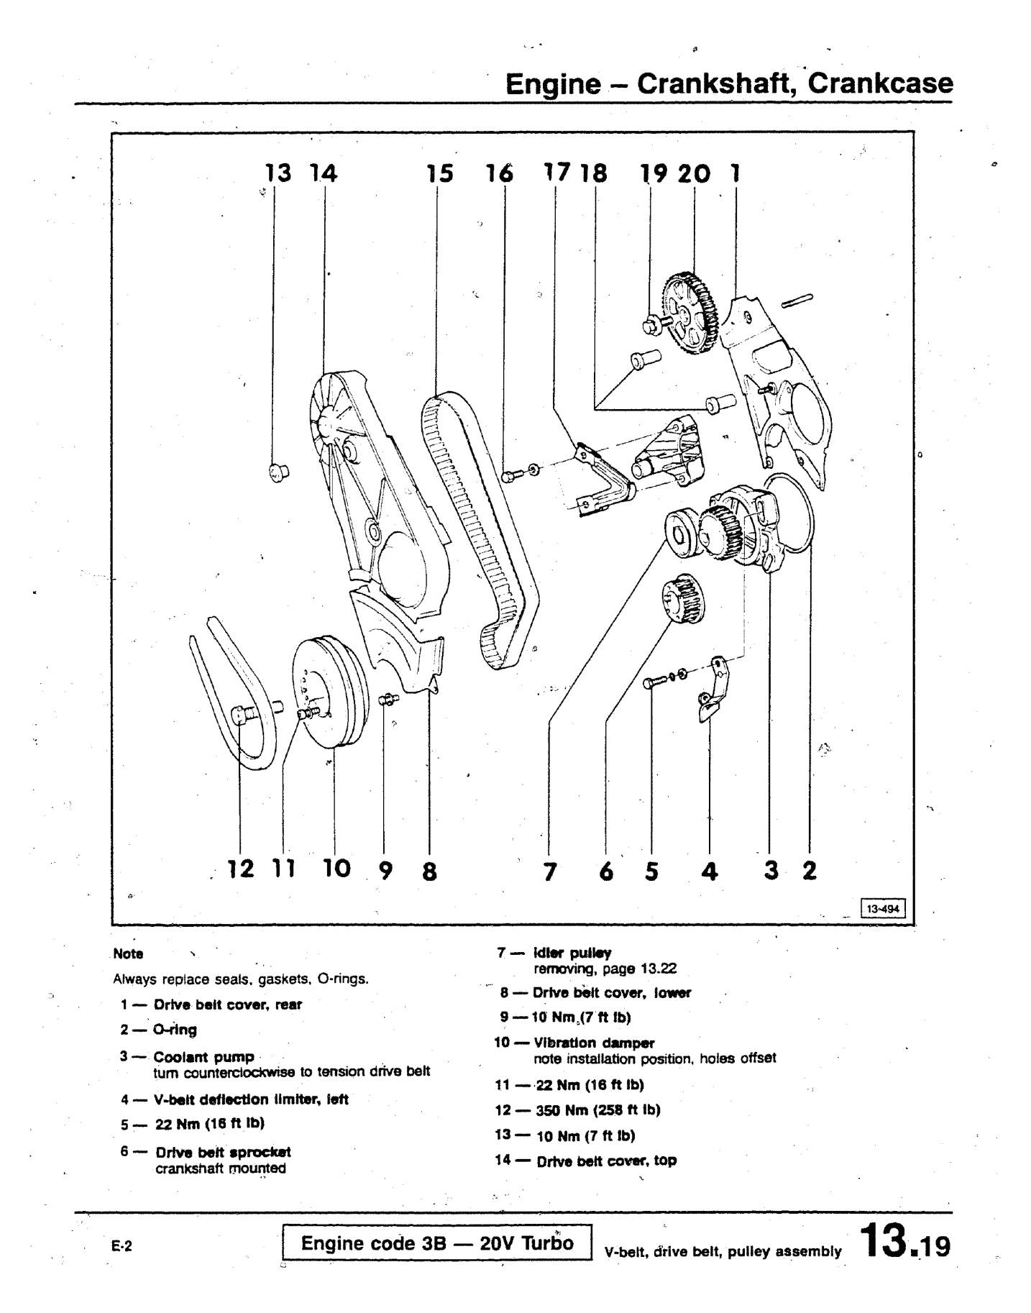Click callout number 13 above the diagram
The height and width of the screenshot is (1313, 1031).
pyautogui.click(x=278, y=173)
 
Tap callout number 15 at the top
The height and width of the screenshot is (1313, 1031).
pyautogui.click(x=439, y=173)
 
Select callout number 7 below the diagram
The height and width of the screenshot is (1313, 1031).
pyautogui.click(x=550, y=871)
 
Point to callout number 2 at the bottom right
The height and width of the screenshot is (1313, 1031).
pyautogui.click(x=810, y=871)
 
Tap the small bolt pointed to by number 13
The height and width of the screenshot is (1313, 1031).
pyautogui.click(x=278, y=472)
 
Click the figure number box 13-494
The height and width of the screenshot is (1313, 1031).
pyautogui.click(x=882, y=908)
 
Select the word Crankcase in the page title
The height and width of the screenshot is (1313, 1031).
pyautogui.click(x=881, y=84)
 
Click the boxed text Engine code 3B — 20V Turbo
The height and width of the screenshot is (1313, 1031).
pyautogui.click(x=437, y=1243)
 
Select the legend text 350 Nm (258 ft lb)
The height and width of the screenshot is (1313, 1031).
pyautogui.click(x=597, y=1110)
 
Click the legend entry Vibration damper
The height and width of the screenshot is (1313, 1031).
pyautogui.click(x=595, y=1043)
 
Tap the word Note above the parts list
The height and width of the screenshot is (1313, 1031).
pyautogui.click(x=128, y=954)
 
